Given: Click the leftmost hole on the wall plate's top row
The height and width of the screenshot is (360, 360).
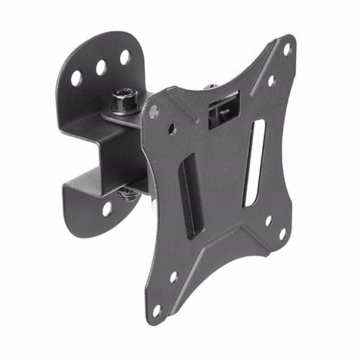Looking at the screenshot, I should click(x=76, y=78).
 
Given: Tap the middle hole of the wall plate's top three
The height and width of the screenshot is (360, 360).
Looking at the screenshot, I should click(x=102, y=67).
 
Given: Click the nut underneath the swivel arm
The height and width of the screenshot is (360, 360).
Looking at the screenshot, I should click(x=129, y=192).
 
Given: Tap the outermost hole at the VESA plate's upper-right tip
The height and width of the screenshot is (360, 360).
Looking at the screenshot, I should click(x=287, y=49).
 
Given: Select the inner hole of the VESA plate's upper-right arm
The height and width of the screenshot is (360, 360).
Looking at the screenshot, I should click(x=271, y=81).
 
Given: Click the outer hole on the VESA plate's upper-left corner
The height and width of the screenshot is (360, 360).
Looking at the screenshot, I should click(x=153, y=111).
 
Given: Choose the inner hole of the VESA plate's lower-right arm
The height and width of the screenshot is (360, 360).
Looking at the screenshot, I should click(x=267, y=220).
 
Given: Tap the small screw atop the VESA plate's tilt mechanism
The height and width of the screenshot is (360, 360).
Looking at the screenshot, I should click(x=210, y=86).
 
